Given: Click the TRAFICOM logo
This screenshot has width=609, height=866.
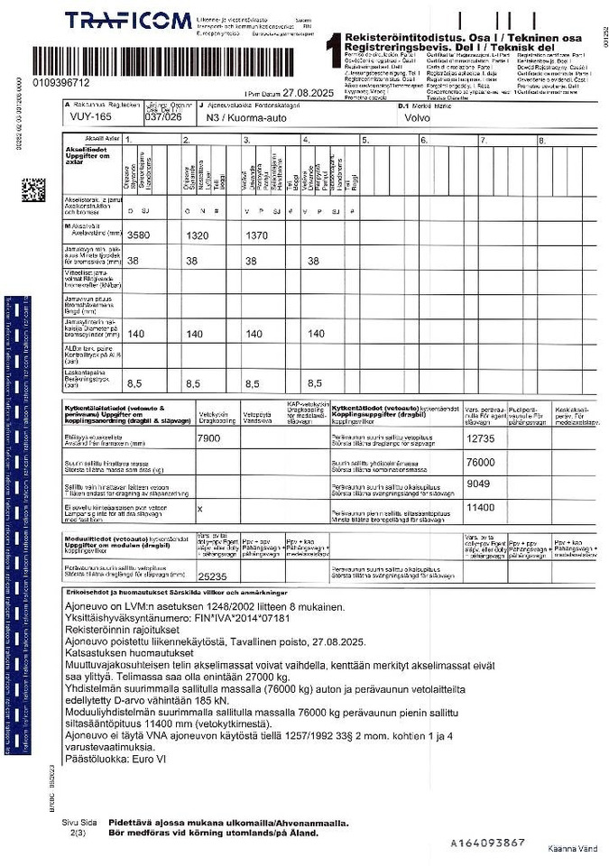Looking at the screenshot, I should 128,21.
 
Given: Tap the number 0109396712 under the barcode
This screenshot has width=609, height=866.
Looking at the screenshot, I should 60,83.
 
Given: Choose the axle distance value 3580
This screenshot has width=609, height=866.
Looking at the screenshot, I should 141,235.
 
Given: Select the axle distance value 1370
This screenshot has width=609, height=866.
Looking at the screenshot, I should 259,235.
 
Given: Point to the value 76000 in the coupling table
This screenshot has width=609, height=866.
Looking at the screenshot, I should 481,461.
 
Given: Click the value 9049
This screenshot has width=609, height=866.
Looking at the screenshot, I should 478,484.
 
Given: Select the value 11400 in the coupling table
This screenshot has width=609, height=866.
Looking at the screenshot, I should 481,507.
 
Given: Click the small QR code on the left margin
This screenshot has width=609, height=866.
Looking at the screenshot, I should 34,191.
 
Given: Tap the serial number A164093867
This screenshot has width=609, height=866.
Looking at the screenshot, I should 487,843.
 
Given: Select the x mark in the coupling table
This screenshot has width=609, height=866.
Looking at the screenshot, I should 199,508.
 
